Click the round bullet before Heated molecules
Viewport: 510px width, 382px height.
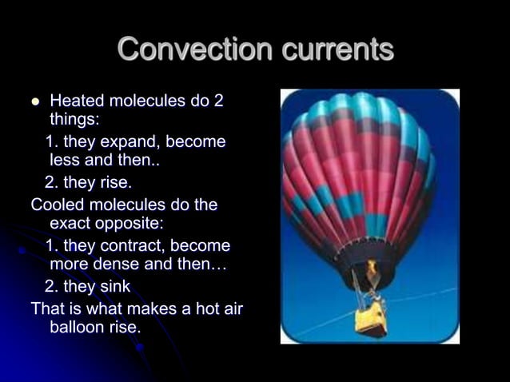pyautogui.click(x=34, y=102)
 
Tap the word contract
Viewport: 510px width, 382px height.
pyautogui.click(x=131, y=245)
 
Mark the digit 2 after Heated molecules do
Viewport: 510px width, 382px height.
pyautogui.click(x=218, y=101)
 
